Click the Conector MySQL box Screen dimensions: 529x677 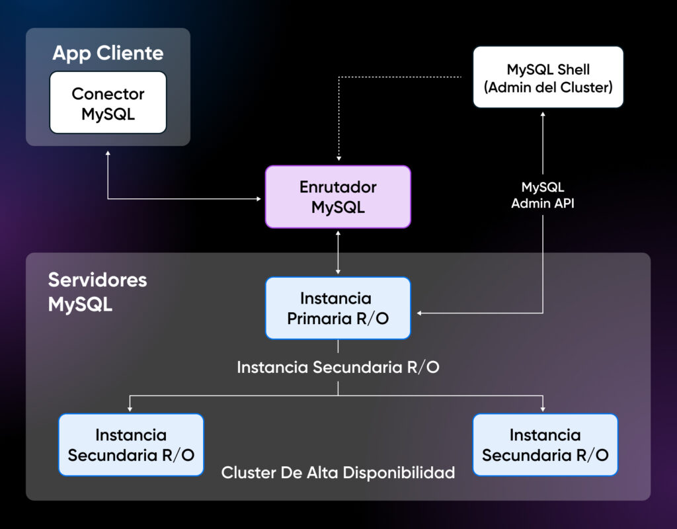click(x=108, y=103)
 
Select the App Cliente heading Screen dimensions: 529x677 click(x=108, y=53)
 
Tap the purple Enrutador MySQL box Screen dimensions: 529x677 click(x=338, y=197)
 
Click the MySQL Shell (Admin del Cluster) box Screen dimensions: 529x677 click(x=548, y=77)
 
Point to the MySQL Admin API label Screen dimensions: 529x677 click(x=543, y=196)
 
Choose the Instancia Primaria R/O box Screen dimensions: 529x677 click(x=338, y=308)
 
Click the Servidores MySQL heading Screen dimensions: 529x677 click(x=97, y=292)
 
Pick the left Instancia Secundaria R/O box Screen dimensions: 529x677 click(x=131, y=445)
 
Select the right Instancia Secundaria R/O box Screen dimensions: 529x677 click(x=545, y=445)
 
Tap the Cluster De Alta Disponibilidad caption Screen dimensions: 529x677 click(x=338, y=473)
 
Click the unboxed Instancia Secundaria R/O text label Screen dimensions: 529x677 click(x=338, y=367)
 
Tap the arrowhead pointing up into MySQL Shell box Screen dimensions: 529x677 click(x=543, y=114)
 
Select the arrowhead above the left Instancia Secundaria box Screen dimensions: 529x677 click(x=131, y=408)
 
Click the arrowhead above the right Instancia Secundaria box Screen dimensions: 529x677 click(x=543, y=408)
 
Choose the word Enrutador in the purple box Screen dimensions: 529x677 click(x=338, y=187)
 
